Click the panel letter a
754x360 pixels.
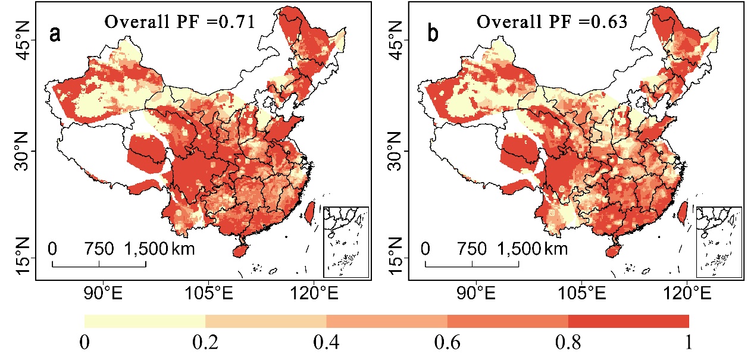[x=55, y=34]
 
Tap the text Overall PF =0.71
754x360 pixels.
[x=179, y=22]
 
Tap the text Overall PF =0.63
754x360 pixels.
[x=552, y=22]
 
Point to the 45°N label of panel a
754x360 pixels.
[x=24, y=40]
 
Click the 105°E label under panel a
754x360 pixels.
[x=209, y=293]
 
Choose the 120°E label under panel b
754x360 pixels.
[x=687, y=293]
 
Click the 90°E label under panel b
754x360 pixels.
[x=476, y=293]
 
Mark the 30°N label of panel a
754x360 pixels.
[x=24, y=151]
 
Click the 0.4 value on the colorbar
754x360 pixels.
[x=326, y=342]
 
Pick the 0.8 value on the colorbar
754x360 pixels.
[x=568, y=342]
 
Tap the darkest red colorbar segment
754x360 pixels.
[x=628, y=321]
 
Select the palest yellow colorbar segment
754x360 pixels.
[x=145, y=321]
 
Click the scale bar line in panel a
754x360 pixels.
[x=99, y=267]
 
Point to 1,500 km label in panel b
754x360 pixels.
[x=533, y=249]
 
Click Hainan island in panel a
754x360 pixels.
[x=240, y=251]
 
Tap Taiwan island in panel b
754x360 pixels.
[x=682, y=214]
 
